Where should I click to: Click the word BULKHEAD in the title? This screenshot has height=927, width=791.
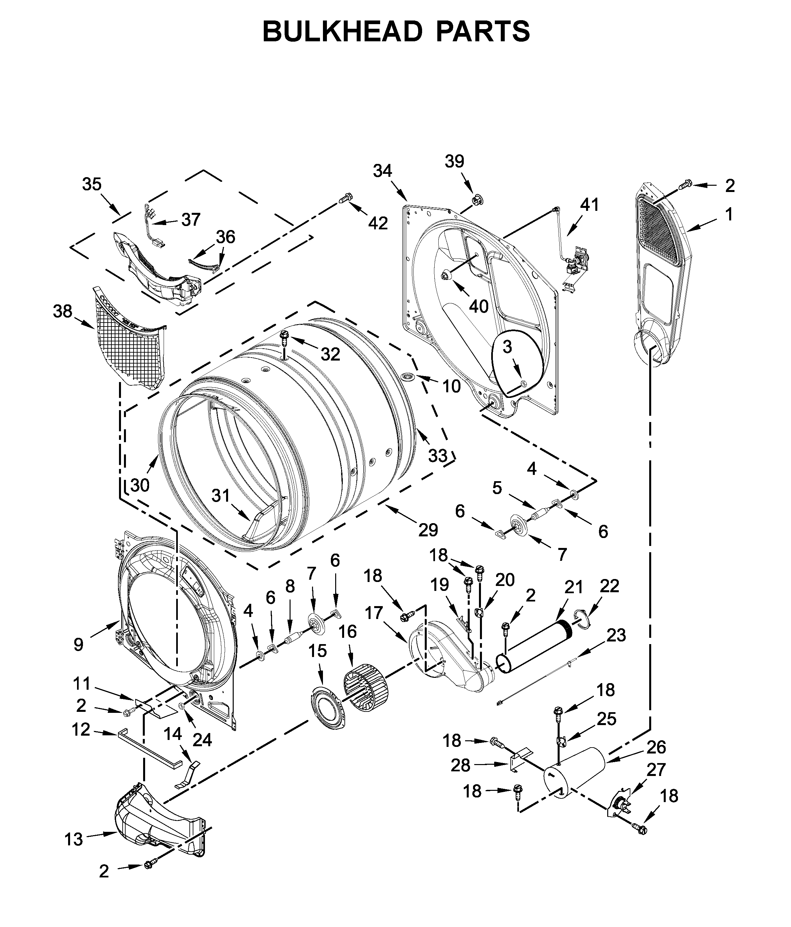click(342, 32)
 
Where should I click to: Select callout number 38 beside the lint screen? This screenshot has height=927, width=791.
click(62, 311)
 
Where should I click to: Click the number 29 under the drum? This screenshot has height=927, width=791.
click(428, 530)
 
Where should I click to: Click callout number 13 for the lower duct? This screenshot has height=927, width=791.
click(73, 840)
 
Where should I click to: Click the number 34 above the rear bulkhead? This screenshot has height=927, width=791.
click(382, 171)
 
